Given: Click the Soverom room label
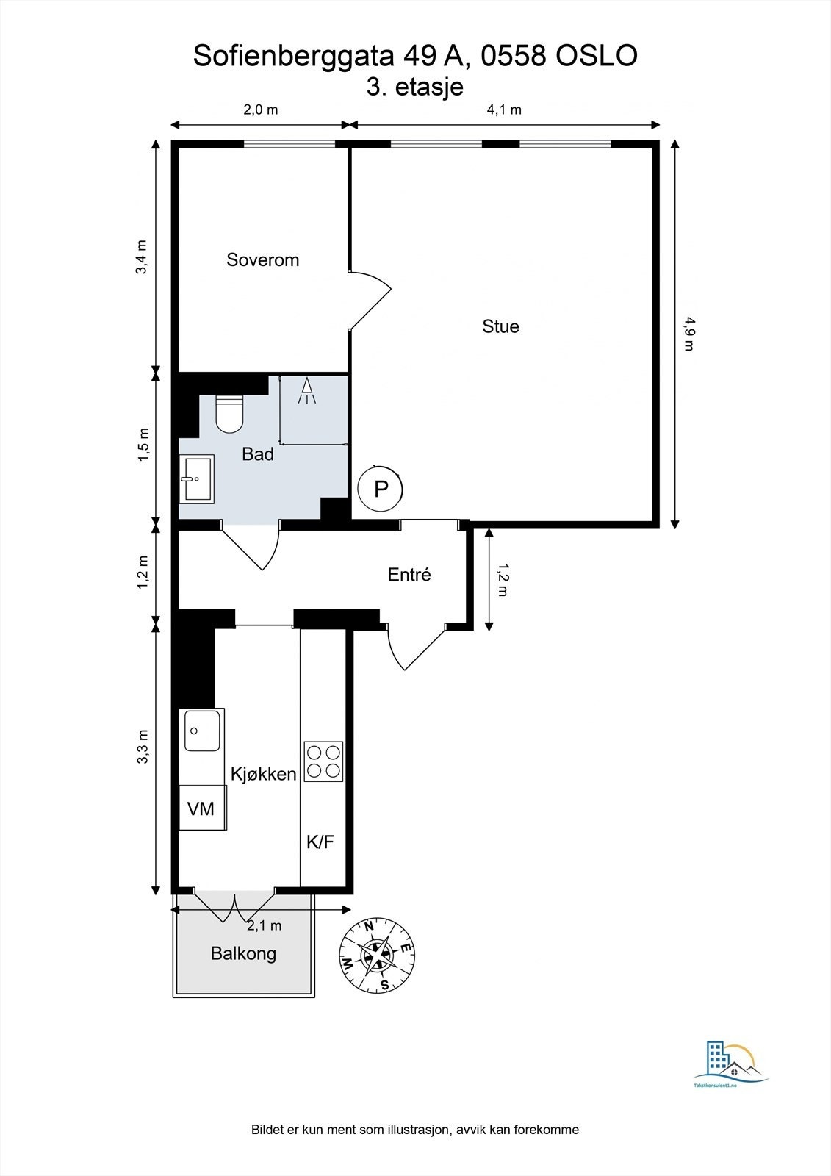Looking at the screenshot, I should tap(262, 259).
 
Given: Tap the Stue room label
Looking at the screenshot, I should tap(500, 326).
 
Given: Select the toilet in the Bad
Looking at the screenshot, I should tap(229, 414).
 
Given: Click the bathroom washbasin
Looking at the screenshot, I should tap(197, 478).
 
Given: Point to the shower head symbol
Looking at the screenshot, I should tap(307, 390).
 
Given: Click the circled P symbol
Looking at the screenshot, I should tap(381, 489).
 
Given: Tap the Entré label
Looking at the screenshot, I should tap(409, 575).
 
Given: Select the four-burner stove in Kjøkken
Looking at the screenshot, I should tap(323, 761).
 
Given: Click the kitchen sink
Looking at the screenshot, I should tap(202, 730).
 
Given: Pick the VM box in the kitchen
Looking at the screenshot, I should tap(201, 808).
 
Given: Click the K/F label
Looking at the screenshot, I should tap(320, 842).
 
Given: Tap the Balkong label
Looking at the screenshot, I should tap(243, 954).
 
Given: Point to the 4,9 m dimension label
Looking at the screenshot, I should tap(688, 333).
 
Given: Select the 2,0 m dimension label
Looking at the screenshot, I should tap(260, 110).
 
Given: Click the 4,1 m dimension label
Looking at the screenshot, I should tap(504, 110).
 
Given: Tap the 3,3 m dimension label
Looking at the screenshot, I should tap(143, 747).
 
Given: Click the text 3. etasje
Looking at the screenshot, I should tap(415, 87).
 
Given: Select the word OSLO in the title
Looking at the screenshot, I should tap(596, 56).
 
